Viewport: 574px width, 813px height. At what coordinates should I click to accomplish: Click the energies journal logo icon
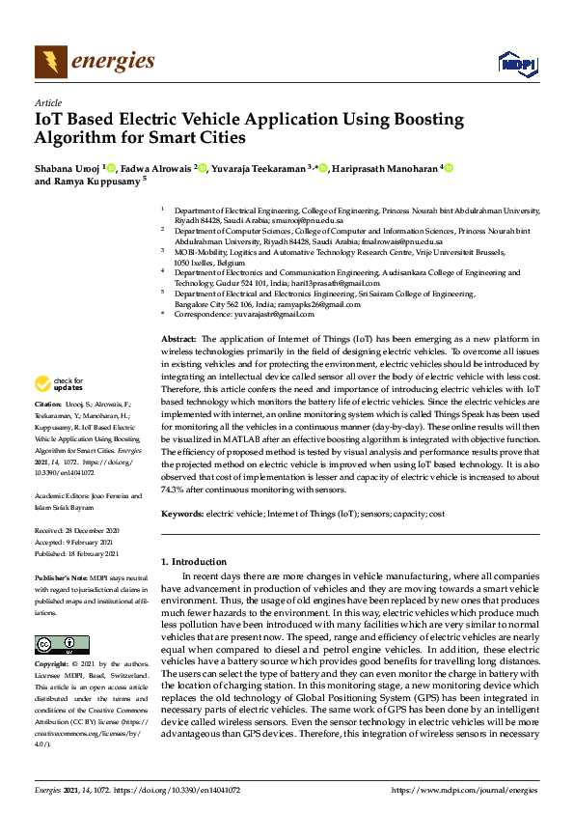click(51, 62)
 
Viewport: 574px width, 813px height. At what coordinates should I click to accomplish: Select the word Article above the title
click(47, 102)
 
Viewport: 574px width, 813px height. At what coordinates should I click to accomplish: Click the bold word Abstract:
click(178, 340)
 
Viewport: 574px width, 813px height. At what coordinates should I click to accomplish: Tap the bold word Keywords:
click(182, 514)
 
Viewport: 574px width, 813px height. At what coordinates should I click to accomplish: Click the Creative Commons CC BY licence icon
click(62, 644)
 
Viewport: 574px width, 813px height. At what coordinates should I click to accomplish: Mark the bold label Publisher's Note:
click(62, 576)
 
